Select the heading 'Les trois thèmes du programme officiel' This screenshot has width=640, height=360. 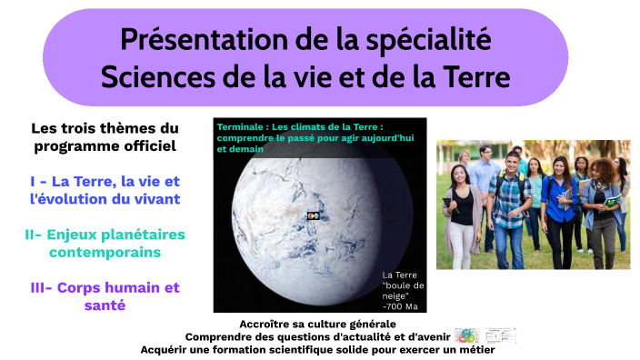tap(105, 136)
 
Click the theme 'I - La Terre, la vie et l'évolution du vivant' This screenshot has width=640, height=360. tap(105, 190)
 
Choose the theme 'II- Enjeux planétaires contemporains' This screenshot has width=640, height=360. tap(105, 243)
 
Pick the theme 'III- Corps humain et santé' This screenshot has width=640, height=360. tap(105, 296)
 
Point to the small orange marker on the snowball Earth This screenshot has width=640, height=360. tap(313, 215)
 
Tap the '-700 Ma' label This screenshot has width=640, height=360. tap(401, 305)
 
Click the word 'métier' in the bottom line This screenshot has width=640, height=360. tap(471, 349)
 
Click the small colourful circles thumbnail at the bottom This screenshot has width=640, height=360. tap(467, 335)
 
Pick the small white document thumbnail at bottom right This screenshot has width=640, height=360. tap(500, 335)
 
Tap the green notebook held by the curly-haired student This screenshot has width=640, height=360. tap(614, 199)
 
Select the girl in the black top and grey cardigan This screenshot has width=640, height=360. tap(463, 209)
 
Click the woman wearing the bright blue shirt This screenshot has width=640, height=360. tap(558, 205)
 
